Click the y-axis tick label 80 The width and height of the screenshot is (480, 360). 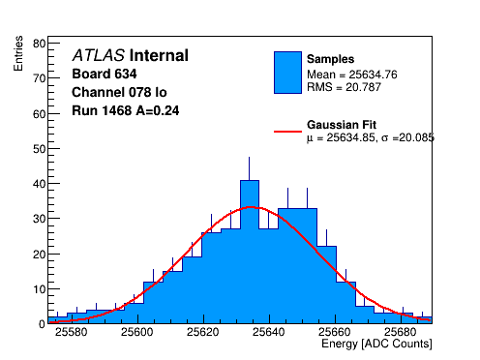pyautogui.click(x=39, y=44)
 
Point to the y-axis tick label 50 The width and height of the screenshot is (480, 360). pyautogui.click(x=39, y=149)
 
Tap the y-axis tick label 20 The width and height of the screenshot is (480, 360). pyautogui.click(x=39, y=255)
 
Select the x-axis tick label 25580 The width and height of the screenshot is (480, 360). pyautogui.click(x=72, y=332)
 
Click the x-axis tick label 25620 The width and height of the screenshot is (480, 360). pyautogui.click(x=203, y=332)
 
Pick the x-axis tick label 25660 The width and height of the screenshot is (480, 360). pyautogui.click(x=335, y=332)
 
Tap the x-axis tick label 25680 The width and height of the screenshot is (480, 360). pyautogui.click(x=401, y=332)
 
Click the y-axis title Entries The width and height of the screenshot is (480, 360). pyautogui.click(x=18, y=53)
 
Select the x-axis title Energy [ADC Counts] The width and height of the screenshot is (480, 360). pyautogui.click(x=376, y=344)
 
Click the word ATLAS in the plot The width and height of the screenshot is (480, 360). pyautogui.click(x=99, y=55)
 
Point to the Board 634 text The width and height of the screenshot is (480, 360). pyautogui.click(x=105, y=74)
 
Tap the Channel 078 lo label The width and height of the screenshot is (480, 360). pyautogui.click(x=119, y=92)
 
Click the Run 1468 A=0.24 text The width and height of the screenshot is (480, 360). pyautogui.click(x=126, y=110)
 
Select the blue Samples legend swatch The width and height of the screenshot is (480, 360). pyautogui.click(x=287, y=73)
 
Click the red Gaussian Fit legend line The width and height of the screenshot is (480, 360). pyautogui.click(x=287, y=132)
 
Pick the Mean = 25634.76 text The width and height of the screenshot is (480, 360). pyautogui.click(x=352, y=75)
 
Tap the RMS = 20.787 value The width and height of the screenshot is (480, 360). pyautogui.click(x=344, y=87)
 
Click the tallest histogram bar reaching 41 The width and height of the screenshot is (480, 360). pyautogui.click(x=250, y=252)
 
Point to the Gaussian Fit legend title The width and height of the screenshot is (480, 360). pyautogui.click(x=342, y=125)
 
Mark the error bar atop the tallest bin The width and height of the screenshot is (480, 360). pyautogui.click(x=249, y=168)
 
